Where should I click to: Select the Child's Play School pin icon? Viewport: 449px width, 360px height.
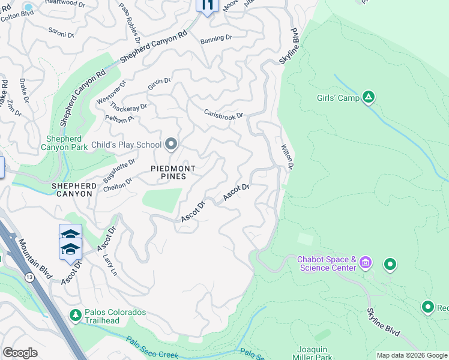click(x=171, y=144)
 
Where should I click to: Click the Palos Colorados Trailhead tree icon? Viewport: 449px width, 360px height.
click(x=75, y=314)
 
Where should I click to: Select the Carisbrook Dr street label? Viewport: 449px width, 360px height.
click(x=223, y=113)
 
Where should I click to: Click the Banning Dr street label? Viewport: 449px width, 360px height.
click(x=216, y=38)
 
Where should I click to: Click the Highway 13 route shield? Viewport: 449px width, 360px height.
click(x=29, y=277)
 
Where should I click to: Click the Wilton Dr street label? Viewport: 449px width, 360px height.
click(x=288, y=157)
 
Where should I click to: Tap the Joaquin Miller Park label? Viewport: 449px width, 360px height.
click(x=316, y=352)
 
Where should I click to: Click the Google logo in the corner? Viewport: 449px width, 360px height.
click(x=20, y=352)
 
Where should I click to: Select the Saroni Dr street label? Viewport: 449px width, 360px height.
click(x=61, y=35)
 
